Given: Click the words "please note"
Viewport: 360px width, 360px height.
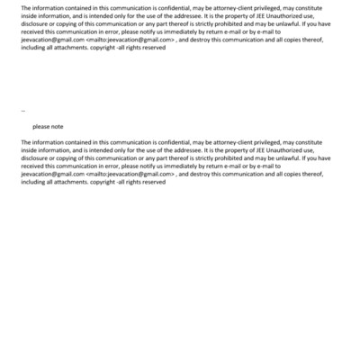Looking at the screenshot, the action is click(48, 126).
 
